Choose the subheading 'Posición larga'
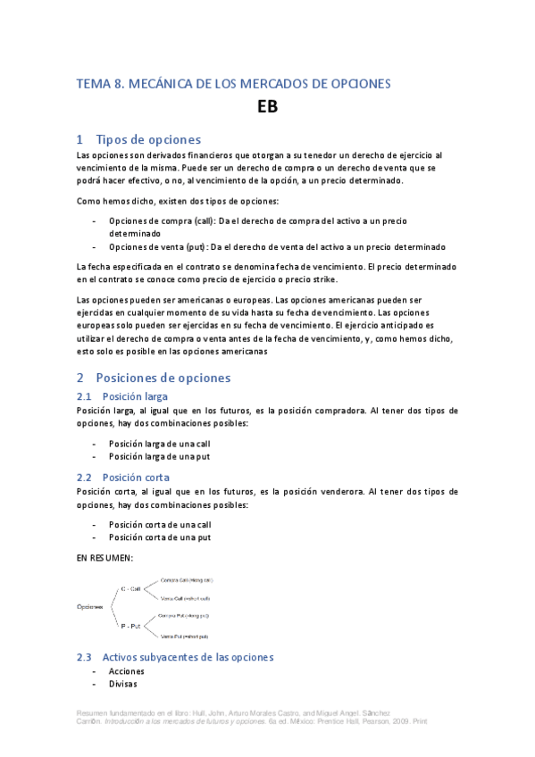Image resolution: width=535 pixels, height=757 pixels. (x=135, y=395)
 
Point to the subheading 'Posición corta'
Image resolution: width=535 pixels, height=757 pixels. (x=136, y=478)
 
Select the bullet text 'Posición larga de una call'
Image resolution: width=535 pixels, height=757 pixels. (x=159, y=443)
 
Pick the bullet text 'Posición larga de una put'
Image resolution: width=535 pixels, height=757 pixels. (x=158, y=456)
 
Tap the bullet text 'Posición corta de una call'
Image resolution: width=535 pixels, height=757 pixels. (x=160, y=525)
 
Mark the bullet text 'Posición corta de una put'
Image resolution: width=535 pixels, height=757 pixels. (x=159, y=537)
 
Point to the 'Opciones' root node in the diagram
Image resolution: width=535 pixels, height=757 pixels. (x=90, y=606)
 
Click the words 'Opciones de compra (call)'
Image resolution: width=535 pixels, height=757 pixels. (x=157, y=220)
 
